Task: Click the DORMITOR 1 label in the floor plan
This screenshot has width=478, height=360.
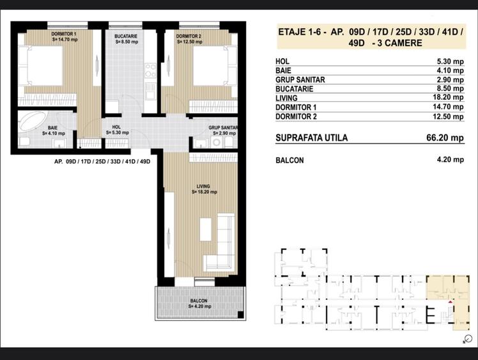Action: tap(64, 34)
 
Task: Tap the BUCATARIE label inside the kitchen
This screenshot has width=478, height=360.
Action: tap(126, 36)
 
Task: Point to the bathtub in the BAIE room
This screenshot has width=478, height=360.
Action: tap(32, 122)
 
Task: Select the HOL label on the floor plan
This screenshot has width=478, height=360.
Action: tap(116, 127)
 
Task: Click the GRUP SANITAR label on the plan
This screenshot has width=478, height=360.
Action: tap(223, 127)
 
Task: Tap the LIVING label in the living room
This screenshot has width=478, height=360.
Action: tap(203, 186)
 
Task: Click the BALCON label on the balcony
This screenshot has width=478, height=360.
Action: tap(199, 301)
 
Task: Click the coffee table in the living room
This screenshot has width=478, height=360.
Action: tap(206, 229)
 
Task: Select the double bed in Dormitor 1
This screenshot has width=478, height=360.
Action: tap(41, 66)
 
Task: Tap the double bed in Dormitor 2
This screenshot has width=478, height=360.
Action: tap(215, 66)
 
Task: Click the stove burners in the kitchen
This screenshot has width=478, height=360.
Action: tap(150, 70)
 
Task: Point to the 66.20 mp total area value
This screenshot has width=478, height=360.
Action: tap(445, 137)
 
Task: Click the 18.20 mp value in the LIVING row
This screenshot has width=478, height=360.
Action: tap(448, 97)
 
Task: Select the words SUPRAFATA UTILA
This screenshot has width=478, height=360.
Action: tap(312, 138)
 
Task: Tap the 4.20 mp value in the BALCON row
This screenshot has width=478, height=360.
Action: tap(451, 160)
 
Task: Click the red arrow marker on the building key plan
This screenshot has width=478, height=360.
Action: tap(451, 302)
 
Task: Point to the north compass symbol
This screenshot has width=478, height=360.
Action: tap(468, 339)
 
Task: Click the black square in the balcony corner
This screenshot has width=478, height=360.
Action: tap(240, 315)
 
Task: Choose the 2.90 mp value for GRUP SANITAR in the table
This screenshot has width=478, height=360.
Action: tap(451, 80)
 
